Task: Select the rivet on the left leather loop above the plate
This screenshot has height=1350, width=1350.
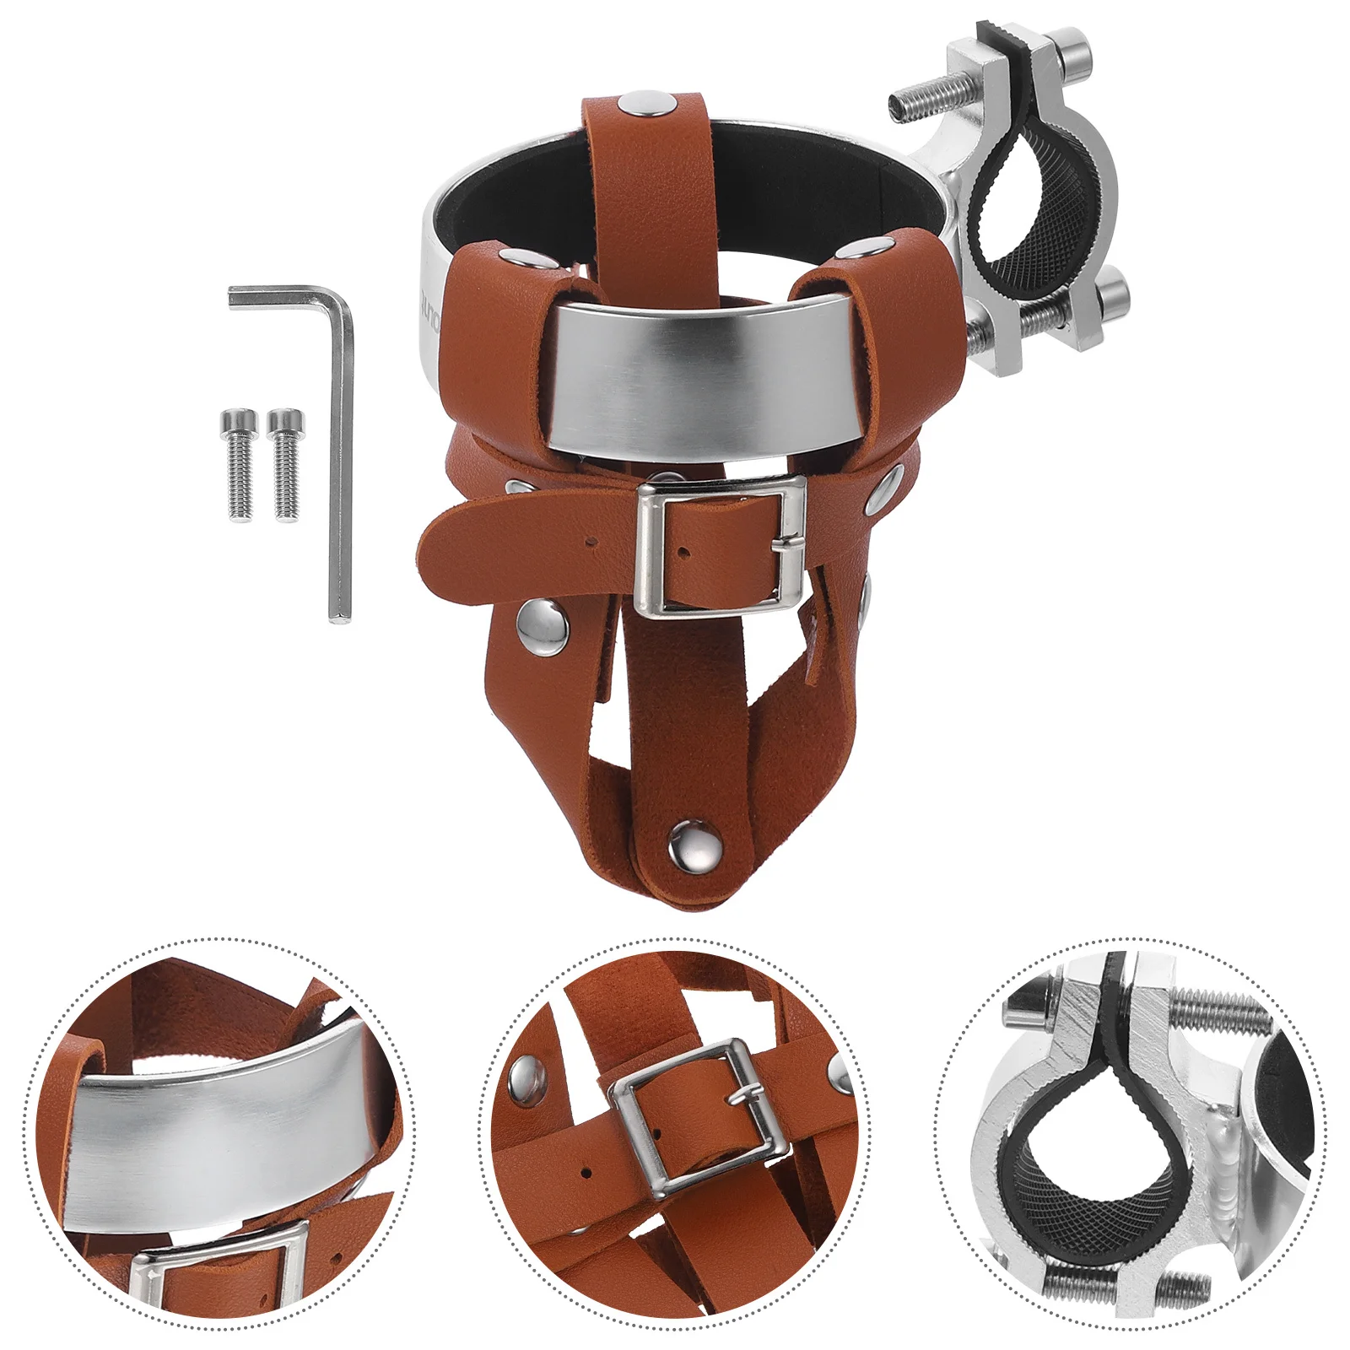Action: tap(511, 256)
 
